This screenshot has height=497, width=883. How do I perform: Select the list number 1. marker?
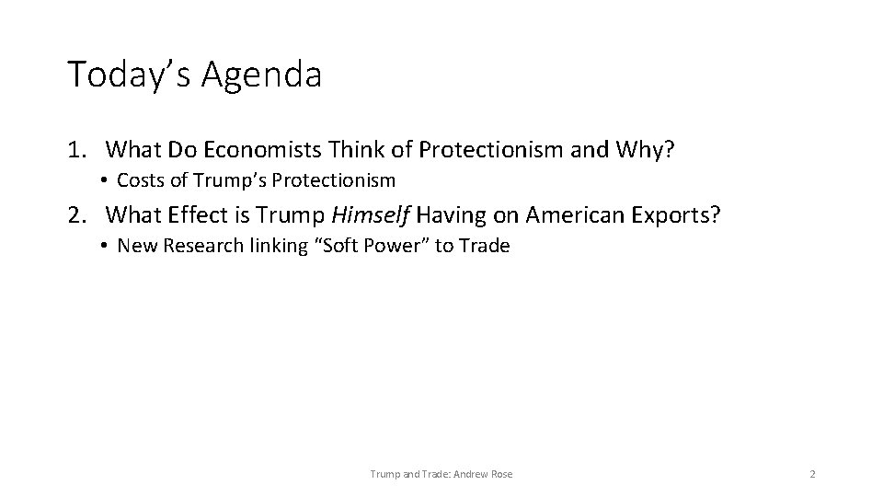click(79, 149)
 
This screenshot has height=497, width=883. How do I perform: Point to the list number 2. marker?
click(79, 215)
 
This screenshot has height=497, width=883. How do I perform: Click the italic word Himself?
click(372, 215)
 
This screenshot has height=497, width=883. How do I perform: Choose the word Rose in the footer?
click(502, 474)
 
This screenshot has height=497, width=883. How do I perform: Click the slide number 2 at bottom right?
click(812, 474)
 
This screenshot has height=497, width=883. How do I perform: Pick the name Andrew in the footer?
click(472, 474)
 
